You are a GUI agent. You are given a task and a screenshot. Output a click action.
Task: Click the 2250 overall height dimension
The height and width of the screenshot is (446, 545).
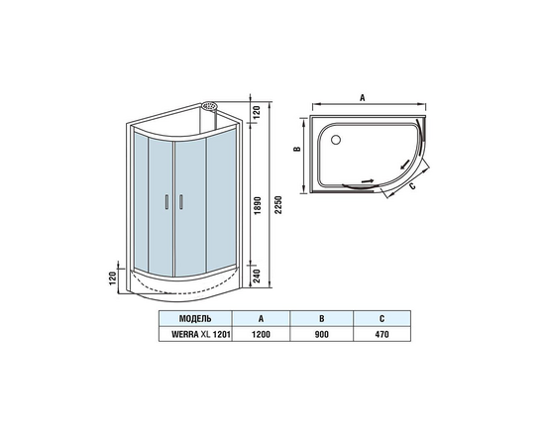tap(278, 205)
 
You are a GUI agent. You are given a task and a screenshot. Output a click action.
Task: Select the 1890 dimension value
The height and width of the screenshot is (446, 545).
tap(258, 205)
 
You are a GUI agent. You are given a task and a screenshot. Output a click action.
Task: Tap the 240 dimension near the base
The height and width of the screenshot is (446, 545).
tap(258, 276)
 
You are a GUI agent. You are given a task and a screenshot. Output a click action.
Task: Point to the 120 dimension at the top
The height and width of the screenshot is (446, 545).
tap(257, 112)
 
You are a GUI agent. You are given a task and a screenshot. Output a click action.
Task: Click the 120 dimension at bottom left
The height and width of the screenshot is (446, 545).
tap(113, 279)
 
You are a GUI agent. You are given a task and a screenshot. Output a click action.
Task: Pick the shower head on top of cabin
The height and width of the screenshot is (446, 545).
tap(210, 105)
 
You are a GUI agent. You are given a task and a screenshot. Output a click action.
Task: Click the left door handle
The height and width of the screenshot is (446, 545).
tap(166, 202)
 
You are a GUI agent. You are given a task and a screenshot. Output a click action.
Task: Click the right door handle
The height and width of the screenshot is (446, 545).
tap(180, 202)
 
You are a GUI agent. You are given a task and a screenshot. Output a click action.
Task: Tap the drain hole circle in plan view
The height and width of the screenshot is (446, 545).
tap(336, 140)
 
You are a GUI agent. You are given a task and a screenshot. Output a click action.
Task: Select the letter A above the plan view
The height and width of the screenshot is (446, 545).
tap(362, 98)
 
